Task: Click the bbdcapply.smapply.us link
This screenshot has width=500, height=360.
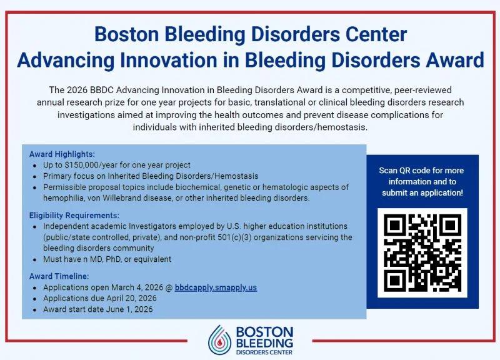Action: point(216,287)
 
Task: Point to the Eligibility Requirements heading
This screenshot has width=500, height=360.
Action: point(74,215)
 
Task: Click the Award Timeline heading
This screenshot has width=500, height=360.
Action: point(59,276)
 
